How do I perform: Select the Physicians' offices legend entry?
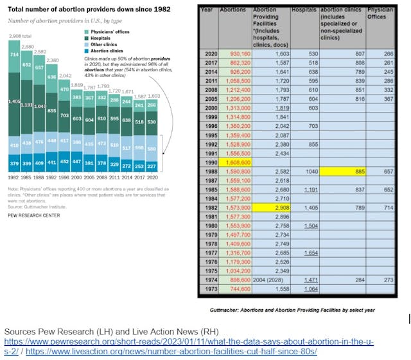pyautogui.click(x=108, y=31)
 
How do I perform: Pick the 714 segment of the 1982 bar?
pyautogui.click(x=15, y=56)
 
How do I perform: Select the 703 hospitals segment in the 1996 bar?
pyautogui.click(x=64, y=116)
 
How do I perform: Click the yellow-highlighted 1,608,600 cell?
pyautogui.click(x=233, y=164)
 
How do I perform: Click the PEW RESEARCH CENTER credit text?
pyautogui.click(x=34, y=215)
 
